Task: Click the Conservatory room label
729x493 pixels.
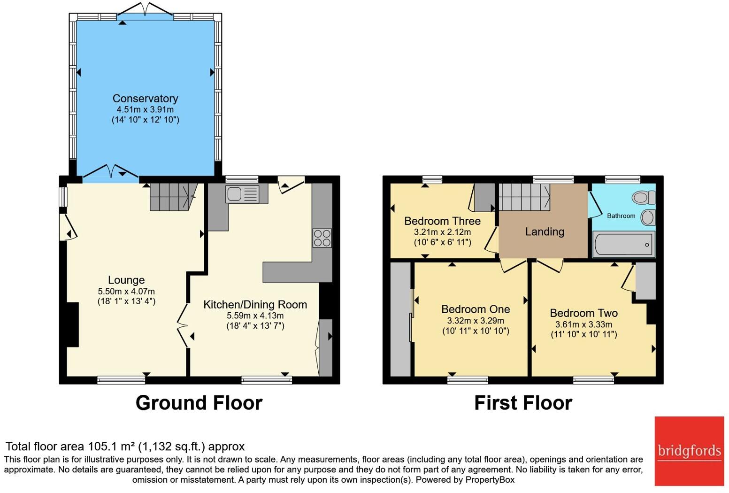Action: [145, 99]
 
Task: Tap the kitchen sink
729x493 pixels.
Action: [242, 194]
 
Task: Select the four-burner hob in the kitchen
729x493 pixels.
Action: [322, 238]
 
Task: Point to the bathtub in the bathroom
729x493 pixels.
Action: [623, 245]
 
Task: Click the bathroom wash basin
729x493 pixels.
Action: [647, 217]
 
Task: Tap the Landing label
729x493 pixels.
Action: [544, 231]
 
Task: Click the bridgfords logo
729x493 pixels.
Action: [689, 451]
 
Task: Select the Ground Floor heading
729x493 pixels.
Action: [199, 403]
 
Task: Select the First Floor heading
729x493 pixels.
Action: [523, 403]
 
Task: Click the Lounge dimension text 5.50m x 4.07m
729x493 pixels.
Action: [126, 291]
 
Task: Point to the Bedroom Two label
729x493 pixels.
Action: [583, 313]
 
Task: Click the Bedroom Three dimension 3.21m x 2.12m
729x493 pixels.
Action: [442, 232]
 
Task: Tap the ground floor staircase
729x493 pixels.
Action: [172, 197]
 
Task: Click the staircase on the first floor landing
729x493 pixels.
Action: [524, 197]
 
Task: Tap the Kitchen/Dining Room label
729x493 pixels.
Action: [255, 305]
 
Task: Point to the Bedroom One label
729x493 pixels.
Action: [476, 309]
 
